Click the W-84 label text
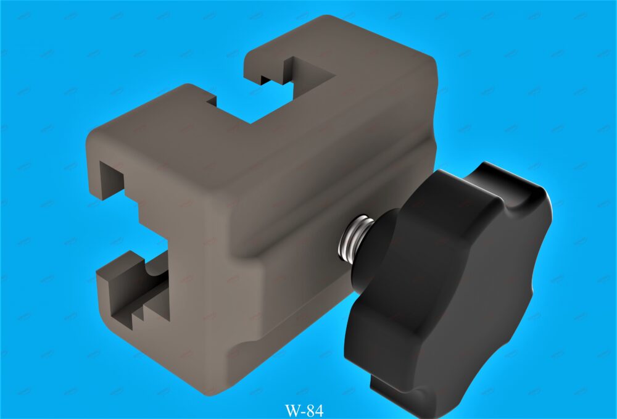tap(304, 410)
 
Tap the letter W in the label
tap(292, 411)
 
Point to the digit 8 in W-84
tap(310, 410)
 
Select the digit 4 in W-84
tap(319, 410)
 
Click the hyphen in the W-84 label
tap(303, 412)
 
